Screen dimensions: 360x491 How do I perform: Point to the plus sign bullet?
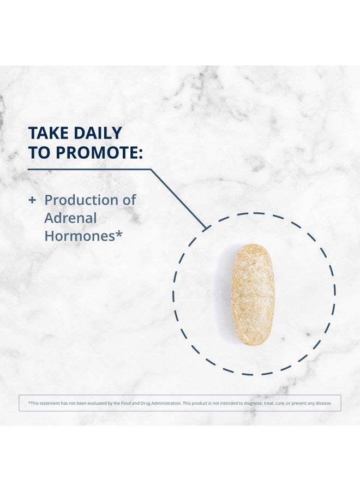point(32,200)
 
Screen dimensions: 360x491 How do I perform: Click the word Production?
point(81,200)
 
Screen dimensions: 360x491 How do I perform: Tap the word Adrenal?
point(70,218)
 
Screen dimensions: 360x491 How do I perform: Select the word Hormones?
point(80,236)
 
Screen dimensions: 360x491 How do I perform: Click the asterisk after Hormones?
point(119,233)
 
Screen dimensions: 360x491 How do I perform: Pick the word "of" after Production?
point(129,200)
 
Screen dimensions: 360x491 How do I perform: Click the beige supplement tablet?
point(253,295)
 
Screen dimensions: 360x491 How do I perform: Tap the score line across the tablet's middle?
point(253,295)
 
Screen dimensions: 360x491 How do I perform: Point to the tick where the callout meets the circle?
point(206,228)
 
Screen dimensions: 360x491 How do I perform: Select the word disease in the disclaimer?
point(323,403)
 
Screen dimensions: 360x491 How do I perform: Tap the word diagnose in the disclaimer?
point(253,403)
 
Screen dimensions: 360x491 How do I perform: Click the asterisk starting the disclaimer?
point(29,403)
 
